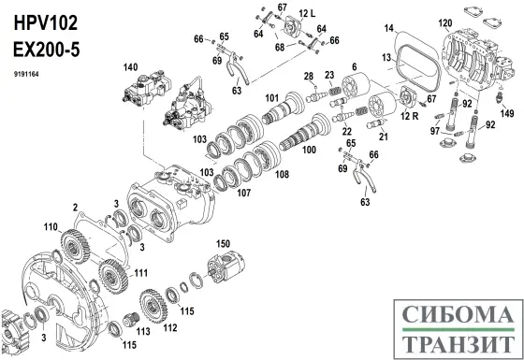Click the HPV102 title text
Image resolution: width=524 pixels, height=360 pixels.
click(46, 23)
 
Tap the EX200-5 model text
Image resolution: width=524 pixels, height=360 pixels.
click(47, 50)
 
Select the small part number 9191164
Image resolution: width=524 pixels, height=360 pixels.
click(26, 74)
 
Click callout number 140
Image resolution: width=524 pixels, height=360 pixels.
click(130, 67)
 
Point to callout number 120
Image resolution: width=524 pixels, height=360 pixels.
click(445, 23)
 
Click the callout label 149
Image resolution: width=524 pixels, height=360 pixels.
click(507, 113)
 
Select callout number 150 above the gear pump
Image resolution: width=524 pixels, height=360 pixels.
click(223, 243)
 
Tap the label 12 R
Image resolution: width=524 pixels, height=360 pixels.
click(410, 116)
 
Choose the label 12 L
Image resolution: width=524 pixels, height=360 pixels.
click(307, 13)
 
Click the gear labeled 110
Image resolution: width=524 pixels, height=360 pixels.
click(75, 245)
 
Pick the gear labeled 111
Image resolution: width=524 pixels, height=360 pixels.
click(113, 276)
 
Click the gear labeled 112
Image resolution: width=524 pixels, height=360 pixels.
click(153, 306)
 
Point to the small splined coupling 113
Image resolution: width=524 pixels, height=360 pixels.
click(131, 320)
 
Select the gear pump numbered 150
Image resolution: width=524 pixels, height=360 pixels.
click(226, 267)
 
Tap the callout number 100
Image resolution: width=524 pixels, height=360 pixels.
click(309, 150)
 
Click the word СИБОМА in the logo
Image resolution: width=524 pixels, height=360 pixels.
click(458, 314)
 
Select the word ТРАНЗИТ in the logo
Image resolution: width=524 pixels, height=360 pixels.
click(458, 343)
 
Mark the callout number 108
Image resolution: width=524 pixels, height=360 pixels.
click(282, 174)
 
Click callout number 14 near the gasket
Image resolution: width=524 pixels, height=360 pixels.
click(388, 28)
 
